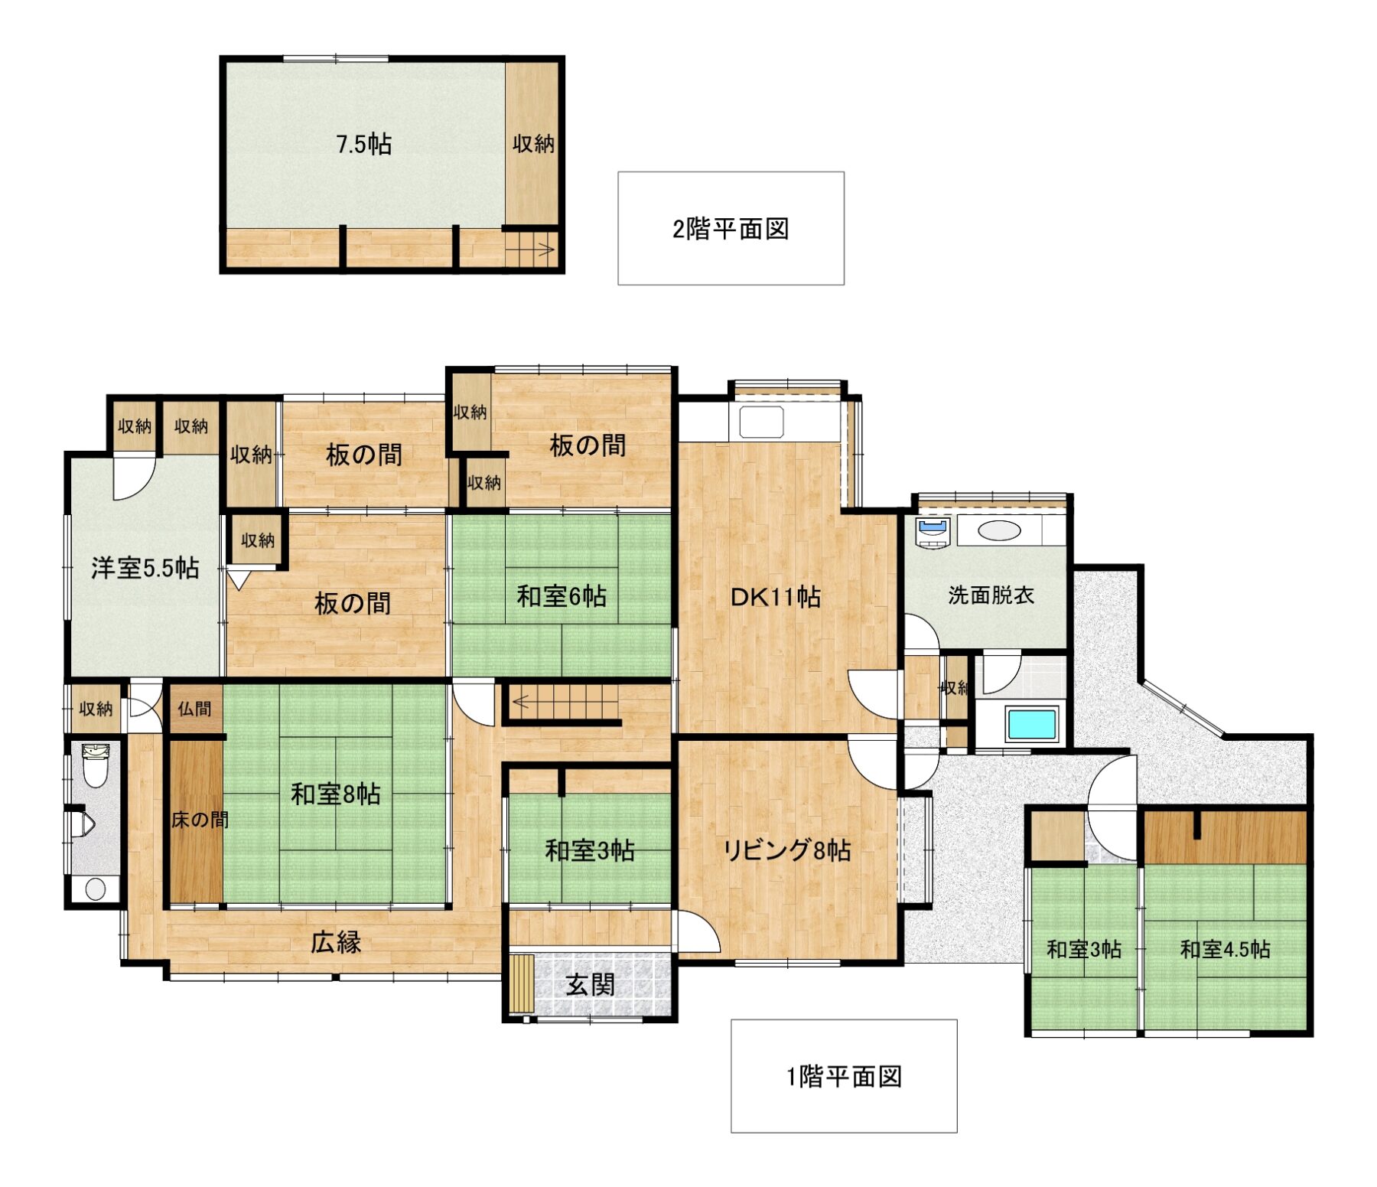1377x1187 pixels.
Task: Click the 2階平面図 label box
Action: click(731, 228)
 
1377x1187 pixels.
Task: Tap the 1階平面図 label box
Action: click(844, 1076)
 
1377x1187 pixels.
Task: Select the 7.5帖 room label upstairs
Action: click(364, 144)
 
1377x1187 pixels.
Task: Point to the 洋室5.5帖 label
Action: click(145, 568)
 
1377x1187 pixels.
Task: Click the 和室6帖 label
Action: click(562, 595)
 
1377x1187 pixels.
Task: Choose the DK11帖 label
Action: click(776, 596)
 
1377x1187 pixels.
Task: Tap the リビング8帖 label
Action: click(787, 850)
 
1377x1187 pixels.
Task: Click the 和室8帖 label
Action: click(336, 794)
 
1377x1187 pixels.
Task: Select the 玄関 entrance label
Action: click(590, 984)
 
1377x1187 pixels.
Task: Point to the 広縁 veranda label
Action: click(336, 942)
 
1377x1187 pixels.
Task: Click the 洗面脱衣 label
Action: click(991, 595)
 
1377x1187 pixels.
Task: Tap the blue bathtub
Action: click(1032, 723)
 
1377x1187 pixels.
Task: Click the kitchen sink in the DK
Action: click(761, 421)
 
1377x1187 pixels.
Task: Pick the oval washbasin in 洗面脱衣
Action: click(999, 530)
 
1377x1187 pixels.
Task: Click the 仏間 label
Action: click(194, 709)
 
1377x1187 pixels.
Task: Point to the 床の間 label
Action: click(200, 820)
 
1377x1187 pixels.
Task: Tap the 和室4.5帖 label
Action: click(1225, 950)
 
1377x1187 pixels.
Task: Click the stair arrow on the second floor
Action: click(545, 249)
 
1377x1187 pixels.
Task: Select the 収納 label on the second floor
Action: click(533, 143)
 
